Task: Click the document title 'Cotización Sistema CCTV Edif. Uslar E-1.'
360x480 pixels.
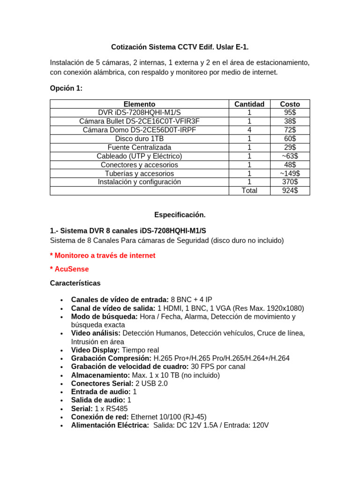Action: pyautogui.click(x=180, y=47)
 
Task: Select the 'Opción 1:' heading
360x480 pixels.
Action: pyautogui.click(x=66, y=88)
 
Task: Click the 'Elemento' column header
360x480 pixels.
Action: pyautogui.click(x=139, y=104)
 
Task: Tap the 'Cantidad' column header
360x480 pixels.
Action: pyautogui.click(x=249, y=104)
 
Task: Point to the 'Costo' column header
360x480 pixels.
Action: pyautogui.click(x=290, y=104)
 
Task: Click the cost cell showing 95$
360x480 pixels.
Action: pyautogui.click(x=290, y=112)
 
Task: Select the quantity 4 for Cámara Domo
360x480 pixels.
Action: pyautogui.click(x=249, y=130)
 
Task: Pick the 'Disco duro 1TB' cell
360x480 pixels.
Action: pyautogui.click(x=139, y=139)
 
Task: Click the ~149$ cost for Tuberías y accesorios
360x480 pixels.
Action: pyautogui.click(x=290, y=173)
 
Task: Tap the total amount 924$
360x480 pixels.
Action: pyautogui.click(x=290, y=191)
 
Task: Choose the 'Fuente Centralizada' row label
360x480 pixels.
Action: pyautogui.click(x=139, y=147)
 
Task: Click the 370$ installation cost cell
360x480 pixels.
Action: pyautogui.click(x=290, y=182)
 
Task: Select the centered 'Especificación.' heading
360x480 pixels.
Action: pyautogui.click(x=180, y=215)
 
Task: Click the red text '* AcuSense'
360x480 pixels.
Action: pyautogui.click(x=69, y=269)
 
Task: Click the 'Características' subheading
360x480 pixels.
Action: pyautogui.click(x=75, y=283)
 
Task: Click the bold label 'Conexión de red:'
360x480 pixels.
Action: pyautogui.click(x=100, y=417)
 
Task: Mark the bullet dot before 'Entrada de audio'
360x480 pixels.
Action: pyautogui.click(x=62, y=392)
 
